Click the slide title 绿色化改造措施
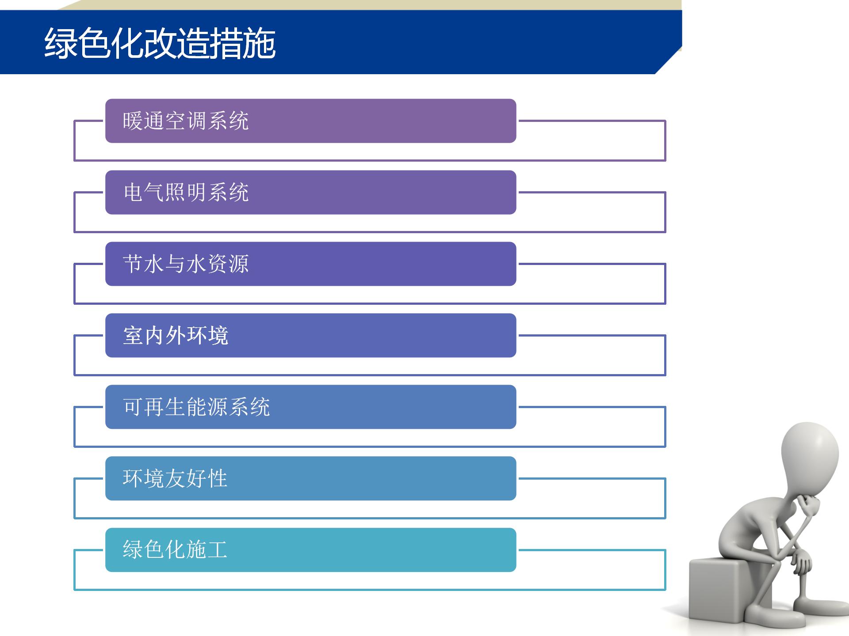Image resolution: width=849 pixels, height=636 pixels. coord(160,43)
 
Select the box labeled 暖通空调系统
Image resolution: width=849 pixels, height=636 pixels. coord(311,121)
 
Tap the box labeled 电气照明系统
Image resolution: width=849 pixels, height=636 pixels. coord(311,192)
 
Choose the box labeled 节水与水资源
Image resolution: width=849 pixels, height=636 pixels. coord(311,264)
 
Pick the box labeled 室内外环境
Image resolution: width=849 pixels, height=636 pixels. coord(311,335)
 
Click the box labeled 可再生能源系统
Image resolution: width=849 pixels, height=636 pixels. coord(311,407)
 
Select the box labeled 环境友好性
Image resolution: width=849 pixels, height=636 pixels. coord(311,478)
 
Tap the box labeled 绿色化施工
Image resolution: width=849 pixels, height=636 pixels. coord(311,550)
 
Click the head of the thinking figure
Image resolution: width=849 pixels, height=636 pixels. coord(810,455)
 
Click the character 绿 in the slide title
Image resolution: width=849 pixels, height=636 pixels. coord(61,43)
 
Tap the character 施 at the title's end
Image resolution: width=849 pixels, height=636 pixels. coord(260,43)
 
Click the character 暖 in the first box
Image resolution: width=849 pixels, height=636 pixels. coord(133,121)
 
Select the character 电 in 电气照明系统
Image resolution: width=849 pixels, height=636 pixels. coord(133,192)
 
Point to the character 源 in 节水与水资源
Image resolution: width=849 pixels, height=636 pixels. coord(239,264)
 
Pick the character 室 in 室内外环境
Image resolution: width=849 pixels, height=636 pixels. coord(133,335)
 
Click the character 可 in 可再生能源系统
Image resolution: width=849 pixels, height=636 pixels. coord(133,407)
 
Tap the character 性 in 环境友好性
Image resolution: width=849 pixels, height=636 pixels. coord(218,478)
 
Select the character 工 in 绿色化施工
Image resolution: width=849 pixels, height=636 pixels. coord(218,550)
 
